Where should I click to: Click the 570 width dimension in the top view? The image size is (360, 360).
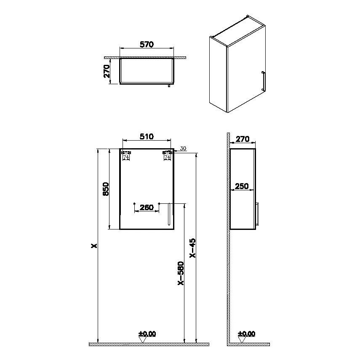tap(147, 44)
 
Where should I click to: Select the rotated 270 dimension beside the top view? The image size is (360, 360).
tap(107, 71)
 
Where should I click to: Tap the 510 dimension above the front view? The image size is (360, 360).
tap(147, 136)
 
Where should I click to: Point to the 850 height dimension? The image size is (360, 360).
tap(106, 189)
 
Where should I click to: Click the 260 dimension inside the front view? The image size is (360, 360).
tap(147, 207)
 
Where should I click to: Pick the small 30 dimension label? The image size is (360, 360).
tap(183, 149)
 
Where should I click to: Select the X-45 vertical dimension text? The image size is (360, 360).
tap(192, 248)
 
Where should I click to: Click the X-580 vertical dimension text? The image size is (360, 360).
tap(181, 273)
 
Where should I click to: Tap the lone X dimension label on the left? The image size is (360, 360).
tap(94, 246)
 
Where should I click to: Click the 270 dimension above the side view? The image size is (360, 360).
tap(243, 139)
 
